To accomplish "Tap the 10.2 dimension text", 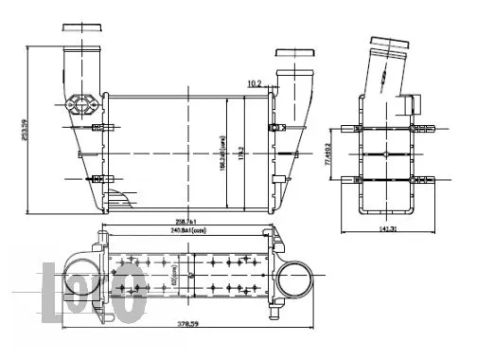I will click(254, 84).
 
